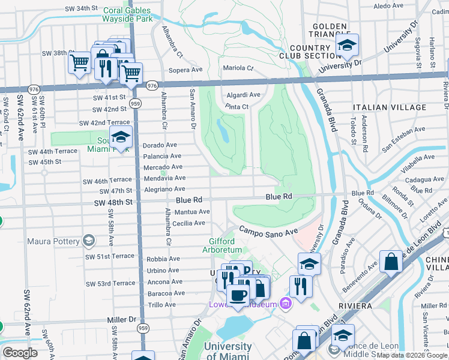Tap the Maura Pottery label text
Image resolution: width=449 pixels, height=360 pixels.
(x=53, y=241)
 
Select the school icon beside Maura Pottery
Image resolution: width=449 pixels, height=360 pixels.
(x=89, y=241)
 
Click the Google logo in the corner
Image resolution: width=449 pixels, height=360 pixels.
(x=20, y=352)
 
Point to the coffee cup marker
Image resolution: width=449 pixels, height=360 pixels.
(x=238, y=295)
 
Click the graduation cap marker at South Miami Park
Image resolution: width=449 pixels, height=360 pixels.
(x=121, y=137)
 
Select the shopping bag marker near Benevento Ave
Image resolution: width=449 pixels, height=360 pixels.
(x=391, y=262)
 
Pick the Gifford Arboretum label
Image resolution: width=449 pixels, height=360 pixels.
(x=221, y=245)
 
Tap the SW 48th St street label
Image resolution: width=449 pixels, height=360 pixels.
(x=112, y=202)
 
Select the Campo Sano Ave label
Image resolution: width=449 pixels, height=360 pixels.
(x=268, y=230)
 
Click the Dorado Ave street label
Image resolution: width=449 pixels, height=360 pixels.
(x=160, y=145)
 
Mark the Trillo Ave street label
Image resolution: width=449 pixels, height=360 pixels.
(x=161, y=305)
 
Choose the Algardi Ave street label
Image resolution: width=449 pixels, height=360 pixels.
(x=243, y=95)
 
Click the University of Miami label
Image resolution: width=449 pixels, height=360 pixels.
(x=228, y=351)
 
